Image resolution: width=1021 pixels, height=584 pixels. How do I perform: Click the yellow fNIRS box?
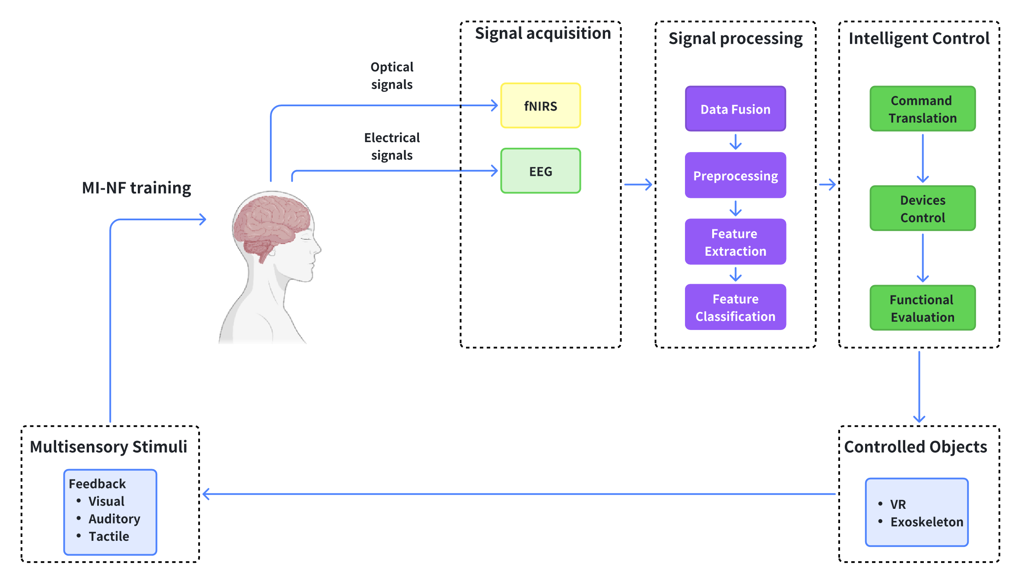(540, 106)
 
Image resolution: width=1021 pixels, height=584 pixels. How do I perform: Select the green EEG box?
(540, 171)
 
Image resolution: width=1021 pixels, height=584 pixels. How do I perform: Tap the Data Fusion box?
(735, 109)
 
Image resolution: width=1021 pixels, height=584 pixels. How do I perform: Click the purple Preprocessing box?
(735, 175)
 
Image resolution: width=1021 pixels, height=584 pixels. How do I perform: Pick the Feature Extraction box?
(735, 242)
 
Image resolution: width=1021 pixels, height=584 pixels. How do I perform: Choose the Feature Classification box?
(735, 307)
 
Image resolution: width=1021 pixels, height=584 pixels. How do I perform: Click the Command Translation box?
(923, 109)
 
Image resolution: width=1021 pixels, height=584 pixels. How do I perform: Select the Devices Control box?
(923, 209)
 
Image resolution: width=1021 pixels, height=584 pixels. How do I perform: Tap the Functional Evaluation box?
(923, 308)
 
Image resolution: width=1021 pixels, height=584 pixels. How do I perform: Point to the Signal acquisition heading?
(543, 33)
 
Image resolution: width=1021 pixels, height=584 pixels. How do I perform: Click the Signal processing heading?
(736, 38)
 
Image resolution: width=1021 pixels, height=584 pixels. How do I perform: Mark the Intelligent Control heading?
(919, 38)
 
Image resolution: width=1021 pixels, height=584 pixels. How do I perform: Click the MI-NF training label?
(136, 188)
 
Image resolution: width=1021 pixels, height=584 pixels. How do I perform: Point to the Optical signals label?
(392, 76)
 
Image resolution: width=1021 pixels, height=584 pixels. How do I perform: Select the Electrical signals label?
(392, 146)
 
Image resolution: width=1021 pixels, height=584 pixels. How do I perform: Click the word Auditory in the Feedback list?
(114, 519)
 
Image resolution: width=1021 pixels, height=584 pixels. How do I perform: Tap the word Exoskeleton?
(927, 522)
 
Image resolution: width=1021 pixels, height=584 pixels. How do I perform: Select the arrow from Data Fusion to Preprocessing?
(736, 142)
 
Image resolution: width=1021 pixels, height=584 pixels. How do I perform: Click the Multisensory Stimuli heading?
(109, 447)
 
